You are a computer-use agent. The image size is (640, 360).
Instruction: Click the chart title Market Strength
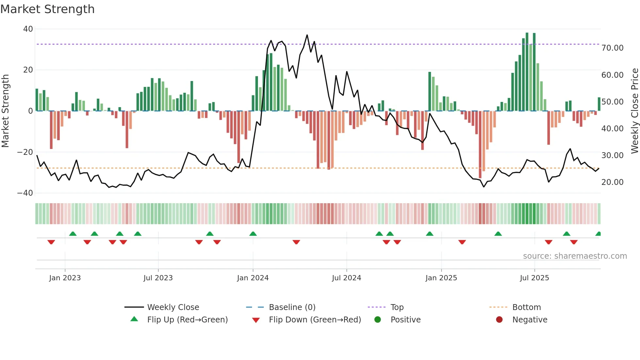(x=47, y=9)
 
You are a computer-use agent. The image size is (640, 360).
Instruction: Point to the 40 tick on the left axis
(x=28, y=29)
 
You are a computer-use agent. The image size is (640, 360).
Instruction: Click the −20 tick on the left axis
(x=25, y=152)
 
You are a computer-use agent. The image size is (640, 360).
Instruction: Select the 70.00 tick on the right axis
(x=612, y=48)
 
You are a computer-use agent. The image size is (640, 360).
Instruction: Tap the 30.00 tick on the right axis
(x=612, y=155)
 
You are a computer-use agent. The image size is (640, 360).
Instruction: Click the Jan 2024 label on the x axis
(x=253, y=278)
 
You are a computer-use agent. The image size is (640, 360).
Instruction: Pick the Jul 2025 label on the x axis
(x=534, y=278)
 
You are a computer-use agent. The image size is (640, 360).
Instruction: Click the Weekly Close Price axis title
(x=634, y=111)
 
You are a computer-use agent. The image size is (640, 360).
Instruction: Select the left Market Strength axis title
(x=5, y=111)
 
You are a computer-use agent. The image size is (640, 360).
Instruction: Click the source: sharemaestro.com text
(x=575, y=256)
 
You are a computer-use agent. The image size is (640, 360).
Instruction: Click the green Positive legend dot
(x=377, y=320)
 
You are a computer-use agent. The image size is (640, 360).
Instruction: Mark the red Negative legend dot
(x=499, y=320)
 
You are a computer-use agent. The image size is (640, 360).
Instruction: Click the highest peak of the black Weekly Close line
(x=307, y=35)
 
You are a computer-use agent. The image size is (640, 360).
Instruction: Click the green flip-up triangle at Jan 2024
(x=253, y=234)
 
